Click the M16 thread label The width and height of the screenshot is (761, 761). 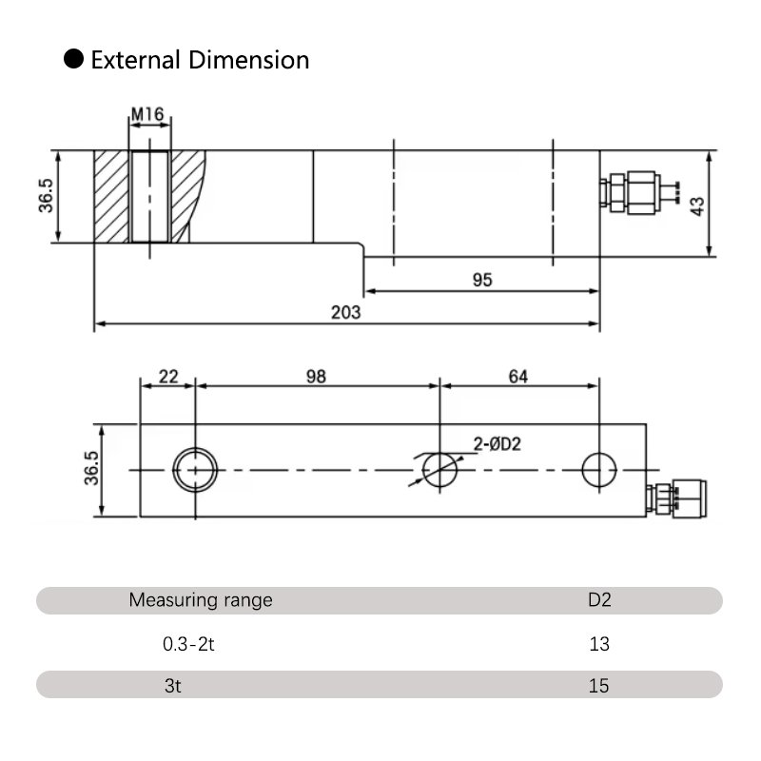tap(148, 115)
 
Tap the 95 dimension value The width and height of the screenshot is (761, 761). tap(482, 280)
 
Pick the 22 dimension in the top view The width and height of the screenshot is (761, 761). tap(168, 376)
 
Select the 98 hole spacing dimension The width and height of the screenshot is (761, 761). tap(317, 376)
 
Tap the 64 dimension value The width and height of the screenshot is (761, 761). tap(517, 376)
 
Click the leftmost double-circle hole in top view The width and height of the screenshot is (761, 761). tap(194, 469)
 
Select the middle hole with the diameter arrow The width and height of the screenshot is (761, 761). tap(440, 469)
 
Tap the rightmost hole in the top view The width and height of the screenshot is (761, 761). tap(600, 469)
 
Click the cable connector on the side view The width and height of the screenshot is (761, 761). tap(637, 192)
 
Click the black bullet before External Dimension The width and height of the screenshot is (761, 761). tap(73, 60)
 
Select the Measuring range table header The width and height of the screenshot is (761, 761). tap(200, 600)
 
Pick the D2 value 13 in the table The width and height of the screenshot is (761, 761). tap(599, 644)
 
